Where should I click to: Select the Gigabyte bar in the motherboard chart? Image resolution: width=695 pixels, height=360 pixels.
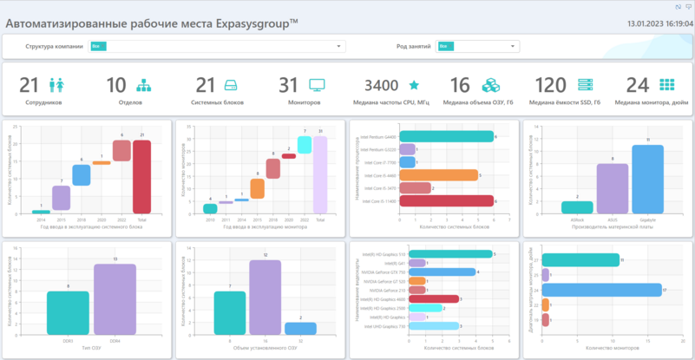click(x=647, y=179)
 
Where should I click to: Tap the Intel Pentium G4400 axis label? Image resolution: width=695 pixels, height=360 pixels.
click(x=382, y=137)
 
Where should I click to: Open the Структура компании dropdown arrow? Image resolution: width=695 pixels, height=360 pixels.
click(x=339, y=46)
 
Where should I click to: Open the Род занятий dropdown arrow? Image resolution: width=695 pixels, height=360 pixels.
click(x=514, y=46)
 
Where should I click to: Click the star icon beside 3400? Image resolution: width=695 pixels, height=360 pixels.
click(x=414, y=85)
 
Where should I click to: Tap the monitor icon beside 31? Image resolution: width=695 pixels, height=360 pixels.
click(x=317, y=85)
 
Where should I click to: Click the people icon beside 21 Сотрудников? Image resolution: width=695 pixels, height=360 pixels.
click(x=58, y=85)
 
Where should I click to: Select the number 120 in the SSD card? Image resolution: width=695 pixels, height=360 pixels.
click(x=550, y=85)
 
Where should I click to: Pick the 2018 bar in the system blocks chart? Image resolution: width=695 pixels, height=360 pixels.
click(x=82, y=175)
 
